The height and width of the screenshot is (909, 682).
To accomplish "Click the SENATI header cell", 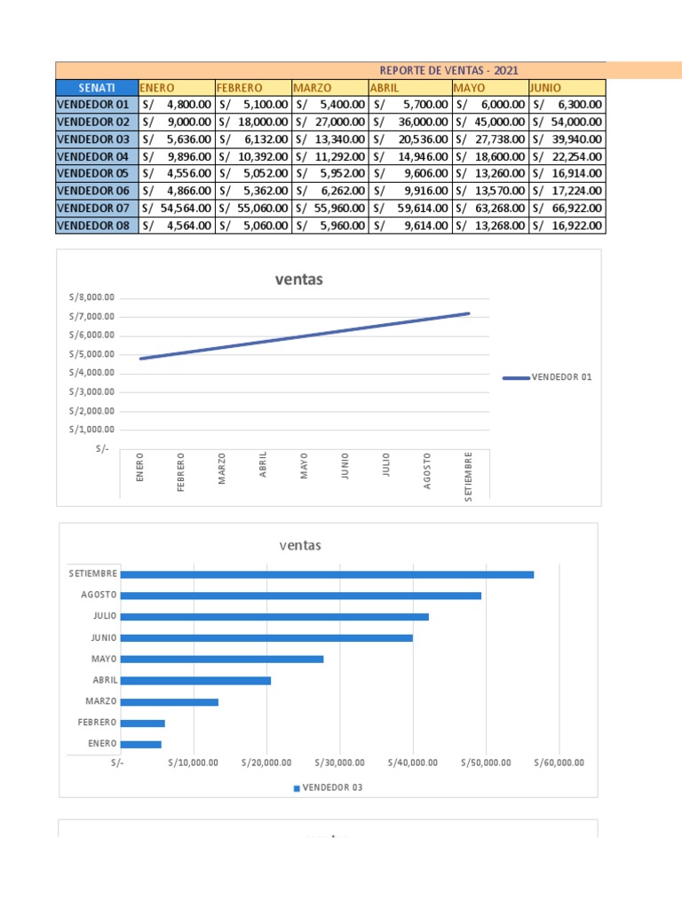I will click(96, 88).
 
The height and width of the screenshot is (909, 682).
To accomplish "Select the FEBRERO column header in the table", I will click(252, 88).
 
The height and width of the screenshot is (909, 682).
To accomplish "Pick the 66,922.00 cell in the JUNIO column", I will click(567, 209).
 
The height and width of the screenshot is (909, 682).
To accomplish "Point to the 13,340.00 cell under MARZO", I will click(329, 139).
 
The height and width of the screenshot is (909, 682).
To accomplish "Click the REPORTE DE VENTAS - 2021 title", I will click(448, 71).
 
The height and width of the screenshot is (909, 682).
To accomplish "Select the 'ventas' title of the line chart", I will click(298, 280).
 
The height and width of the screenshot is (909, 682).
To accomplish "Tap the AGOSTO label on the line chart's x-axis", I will click(427, 470).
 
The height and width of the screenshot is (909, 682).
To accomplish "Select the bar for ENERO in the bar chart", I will click(141, 745).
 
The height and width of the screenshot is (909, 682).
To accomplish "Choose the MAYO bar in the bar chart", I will click(221, 660).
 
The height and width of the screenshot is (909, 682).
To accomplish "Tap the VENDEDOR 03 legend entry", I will click(329, 787).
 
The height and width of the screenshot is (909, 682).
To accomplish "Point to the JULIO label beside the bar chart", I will click(103, 617).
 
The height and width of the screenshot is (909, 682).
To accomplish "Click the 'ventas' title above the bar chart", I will click(299, 545).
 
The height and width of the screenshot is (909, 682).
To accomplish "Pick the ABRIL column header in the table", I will click(408, 88).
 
